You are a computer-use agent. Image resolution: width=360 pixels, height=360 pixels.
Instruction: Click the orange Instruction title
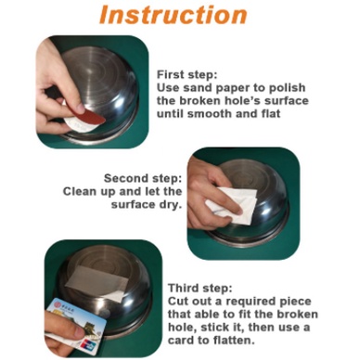174,15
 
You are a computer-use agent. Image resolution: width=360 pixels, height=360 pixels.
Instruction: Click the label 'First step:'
187,75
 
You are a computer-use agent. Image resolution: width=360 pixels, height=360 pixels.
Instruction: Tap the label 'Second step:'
143,178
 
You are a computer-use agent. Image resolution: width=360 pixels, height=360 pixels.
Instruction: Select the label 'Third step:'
199,289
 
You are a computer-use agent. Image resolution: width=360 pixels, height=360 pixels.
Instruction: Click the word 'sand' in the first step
197,88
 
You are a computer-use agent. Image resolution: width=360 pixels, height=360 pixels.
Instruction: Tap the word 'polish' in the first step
287,88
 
